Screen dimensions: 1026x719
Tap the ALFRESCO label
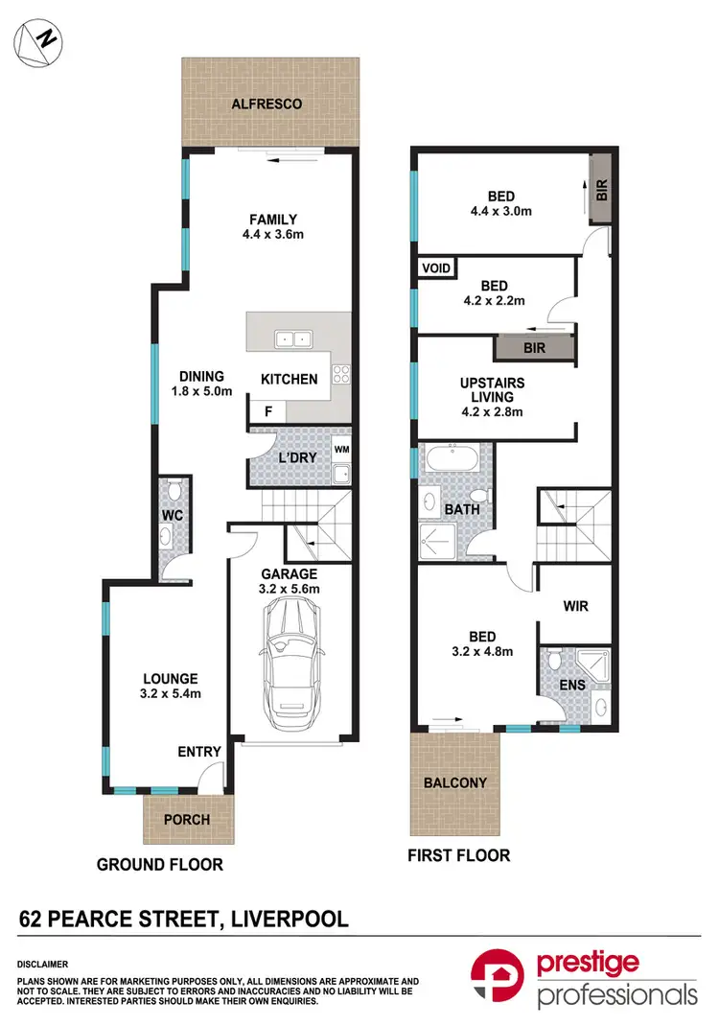[269, 104]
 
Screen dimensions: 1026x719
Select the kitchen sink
[290, 338]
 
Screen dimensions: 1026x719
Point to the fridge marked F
[267, 410]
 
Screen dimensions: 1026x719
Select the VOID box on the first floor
[436, 268]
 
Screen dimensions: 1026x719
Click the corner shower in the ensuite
[595, 665]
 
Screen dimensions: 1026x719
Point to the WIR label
[576, 606]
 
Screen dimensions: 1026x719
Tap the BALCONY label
[454, 782]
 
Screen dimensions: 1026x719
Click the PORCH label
[186, 820]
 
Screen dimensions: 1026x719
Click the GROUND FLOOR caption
[159, 864]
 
